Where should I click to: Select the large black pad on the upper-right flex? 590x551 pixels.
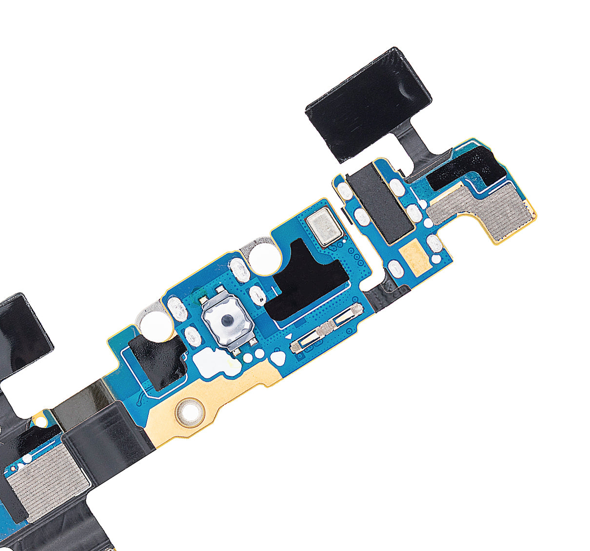[x=369, y=104]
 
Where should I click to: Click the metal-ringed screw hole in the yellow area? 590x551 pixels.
[x=191, y=411]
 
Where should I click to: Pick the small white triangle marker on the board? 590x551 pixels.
[x=289, y=337]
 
